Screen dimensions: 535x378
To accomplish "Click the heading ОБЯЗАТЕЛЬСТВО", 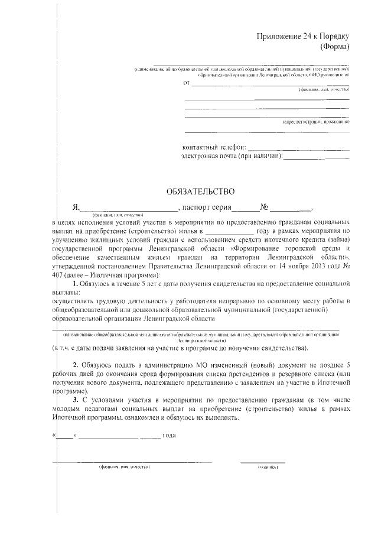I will click(201, 191).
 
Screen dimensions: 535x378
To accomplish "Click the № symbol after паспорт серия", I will click(265, 207).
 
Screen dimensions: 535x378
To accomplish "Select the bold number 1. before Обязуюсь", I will click(76, 284).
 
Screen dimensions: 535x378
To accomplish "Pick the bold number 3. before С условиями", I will click(76, 400).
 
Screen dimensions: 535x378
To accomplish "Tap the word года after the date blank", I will click(170, 436).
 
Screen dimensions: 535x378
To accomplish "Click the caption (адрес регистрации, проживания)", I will click(315, 122).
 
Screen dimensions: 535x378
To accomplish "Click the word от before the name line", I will click(187, 83).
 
